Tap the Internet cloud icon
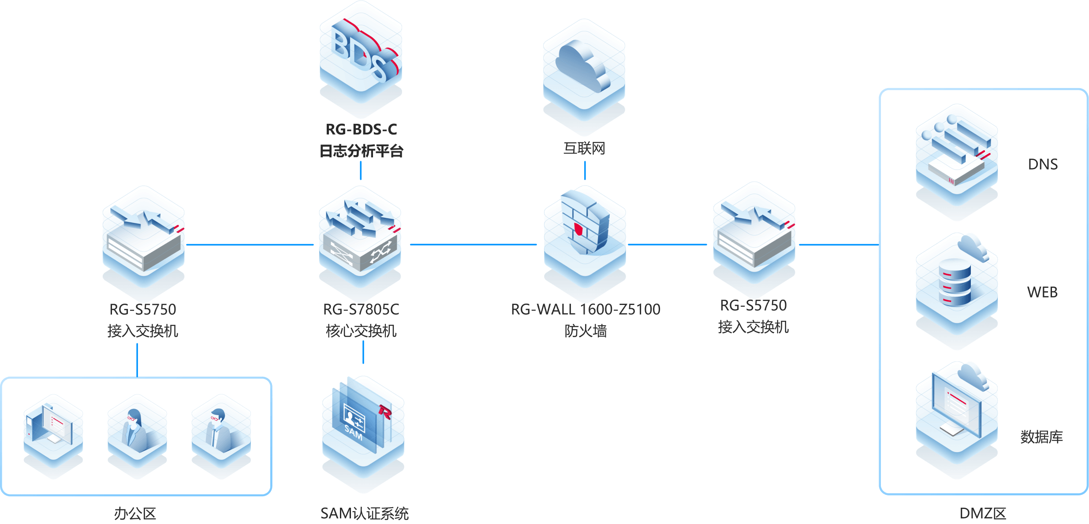coord(584,71)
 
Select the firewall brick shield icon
coord(585,225)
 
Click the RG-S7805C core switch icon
coord(360,238)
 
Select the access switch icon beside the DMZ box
coord(754,236)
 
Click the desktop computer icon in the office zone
coord(53,432)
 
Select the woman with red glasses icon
coord(137,432)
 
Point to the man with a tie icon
coord(221,432)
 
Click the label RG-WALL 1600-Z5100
coord(586,309)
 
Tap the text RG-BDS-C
coord(361,130)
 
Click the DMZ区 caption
coord(983,513)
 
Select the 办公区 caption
coord(135,513)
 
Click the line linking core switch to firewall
coord(473,244)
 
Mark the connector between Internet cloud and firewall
coord(585,171)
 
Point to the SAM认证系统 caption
coord(364,513)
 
